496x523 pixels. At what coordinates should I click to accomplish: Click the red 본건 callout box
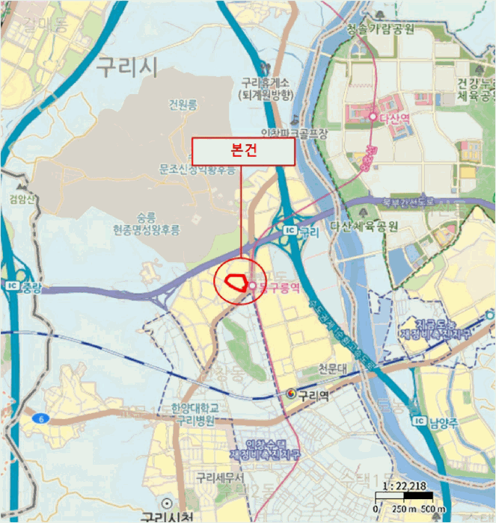tap(244, 151)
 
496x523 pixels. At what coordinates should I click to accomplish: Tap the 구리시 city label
tap(126, 67)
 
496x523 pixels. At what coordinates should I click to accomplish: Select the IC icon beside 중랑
tap(11, 285)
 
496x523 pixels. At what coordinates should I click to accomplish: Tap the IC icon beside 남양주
tap(420, 422)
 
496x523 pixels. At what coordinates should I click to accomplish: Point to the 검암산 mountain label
tap(21, 199)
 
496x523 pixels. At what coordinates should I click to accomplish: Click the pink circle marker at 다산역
tap(372, 117)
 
